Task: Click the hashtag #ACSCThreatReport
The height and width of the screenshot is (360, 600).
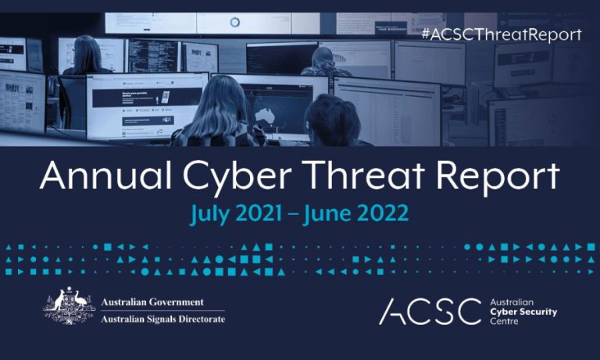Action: click(501, 34)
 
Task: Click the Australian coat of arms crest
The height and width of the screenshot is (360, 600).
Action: click(69, 308)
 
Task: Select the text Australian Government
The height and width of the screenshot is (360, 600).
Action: click(152, 302)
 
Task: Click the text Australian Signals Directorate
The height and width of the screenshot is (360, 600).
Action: click(163, 319)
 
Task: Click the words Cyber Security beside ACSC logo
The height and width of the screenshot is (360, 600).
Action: click(522, 311)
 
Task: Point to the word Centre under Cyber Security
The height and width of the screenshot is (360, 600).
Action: click(503, 320)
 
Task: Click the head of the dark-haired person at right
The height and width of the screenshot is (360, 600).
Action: click(331, 117)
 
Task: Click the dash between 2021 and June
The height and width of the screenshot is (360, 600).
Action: click(301, 213)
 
